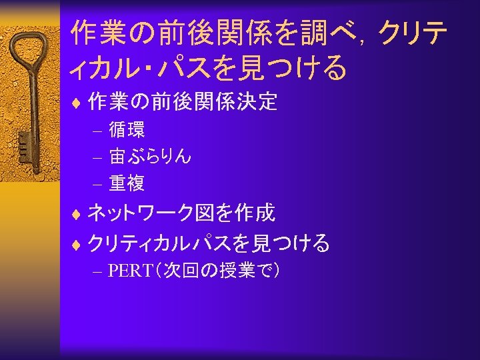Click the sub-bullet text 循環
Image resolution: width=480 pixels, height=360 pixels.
[127, 129]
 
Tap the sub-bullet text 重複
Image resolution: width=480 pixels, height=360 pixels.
[127, 183]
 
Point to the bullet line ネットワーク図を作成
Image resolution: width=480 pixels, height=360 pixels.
[181, 213]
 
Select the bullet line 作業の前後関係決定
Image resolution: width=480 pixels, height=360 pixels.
[183, 102]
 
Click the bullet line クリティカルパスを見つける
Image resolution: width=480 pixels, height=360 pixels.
[209, 244]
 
